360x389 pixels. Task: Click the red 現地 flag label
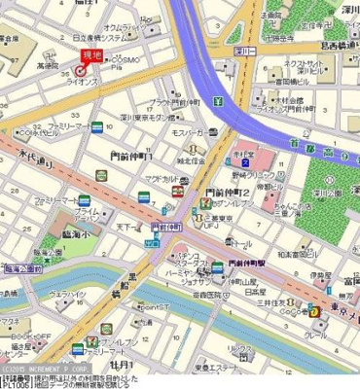tap(91, 54)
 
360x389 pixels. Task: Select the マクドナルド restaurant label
tap(159, 178)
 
